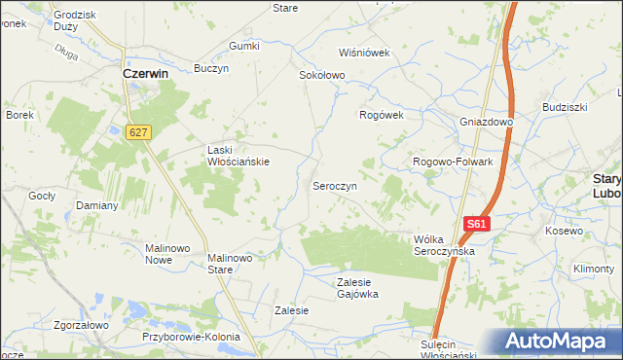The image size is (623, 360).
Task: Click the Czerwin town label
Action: click(x=146, y=73)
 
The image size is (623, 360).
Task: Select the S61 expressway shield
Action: click(x=475, y=224)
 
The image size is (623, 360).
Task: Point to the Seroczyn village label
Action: click(x=334, y=185)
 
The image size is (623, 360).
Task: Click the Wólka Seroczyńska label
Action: click(x=443, y=244)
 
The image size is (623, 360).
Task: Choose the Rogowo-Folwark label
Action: click(x=454, y=162)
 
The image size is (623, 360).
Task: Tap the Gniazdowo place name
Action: click(x=487, y=122)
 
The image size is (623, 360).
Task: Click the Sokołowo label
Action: click(x=322, y=75)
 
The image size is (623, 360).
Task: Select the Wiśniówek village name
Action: click(x=363, y=53)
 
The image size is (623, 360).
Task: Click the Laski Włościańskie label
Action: click(x=238, y=156)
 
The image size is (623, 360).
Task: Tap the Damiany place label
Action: click(x=97, y=206)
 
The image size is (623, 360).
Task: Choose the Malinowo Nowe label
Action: click(x=166, y=254)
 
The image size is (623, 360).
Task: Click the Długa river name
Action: click(x=66, y=54)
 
